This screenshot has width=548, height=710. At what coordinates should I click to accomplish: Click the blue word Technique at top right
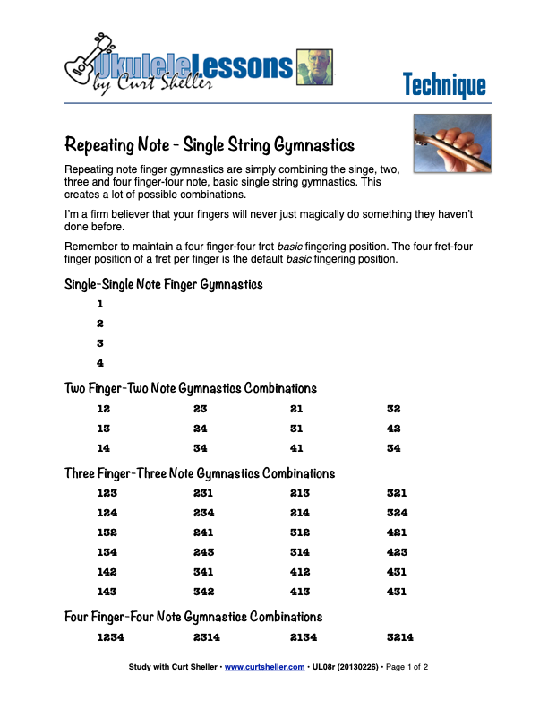tap(444, 85)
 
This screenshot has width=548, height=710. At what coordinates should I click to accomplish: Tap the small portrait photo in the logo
tap(313, 67)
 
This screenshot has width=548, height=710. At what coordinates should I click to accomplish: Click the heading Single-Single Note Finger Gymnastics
tap(164, 284)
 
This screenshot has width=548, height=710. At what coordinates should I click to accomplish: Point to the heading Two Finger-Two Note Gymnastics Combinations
tap(191, 388)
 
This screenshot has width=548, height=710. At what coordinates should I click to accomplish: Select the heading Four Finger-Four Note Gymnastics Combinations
tap(193, 617)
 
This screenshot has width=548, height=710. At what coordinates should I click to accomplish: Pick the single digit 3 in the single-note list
tap(100, 343)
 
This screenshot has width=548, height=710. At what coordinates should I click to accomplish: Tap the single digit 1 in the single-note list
tap(100, 304)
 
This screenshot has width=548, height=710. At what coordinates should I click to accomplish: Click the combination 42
tap(394, 429)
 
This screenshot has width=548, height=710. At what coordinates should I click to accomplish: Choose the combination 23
tap(201, 409)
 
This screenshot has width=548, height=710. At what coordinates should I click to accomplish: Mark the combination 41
tap(297, 448)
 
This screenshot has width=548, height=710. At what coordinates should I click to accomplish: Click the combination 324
tap(397, 513)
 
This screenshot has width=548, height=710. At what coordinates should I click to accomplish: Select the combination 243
tap(203, 552)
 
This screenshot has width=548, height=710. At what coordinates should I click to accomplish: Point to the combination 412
tap(300, 572)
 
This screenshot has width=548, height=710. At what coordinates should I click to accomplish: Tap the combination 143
tap(107, 592)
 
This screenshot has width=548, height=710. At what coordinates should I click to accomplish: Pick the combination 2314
tap(207, 637)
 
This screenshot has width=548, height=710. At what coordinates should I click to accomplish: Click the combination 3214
tap(400, 637)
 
